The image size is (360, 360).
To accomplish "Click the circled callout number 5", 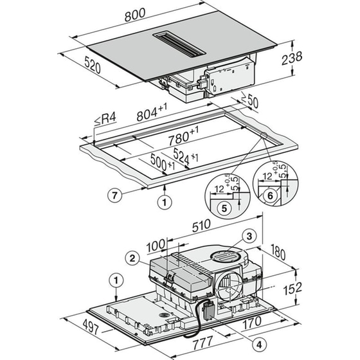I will point(223,208).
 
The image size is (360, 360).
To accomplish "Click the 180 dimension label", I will point(278,253).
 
